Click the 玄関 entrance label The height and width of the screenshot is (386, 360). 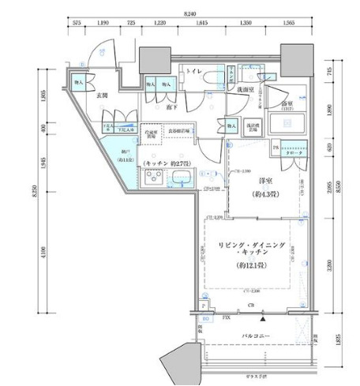click(81, 96)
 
